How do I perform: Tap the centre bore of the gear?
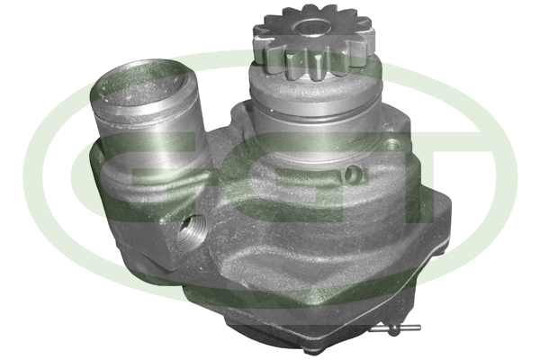point(312,27)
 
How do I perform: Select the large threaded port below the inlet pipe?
point(192,229)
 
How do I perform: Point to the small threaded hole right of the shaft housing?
point(392,143)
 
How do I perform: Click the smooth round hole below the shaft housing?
point(353,175)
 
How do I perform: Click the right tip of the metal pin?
point(419,328)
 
